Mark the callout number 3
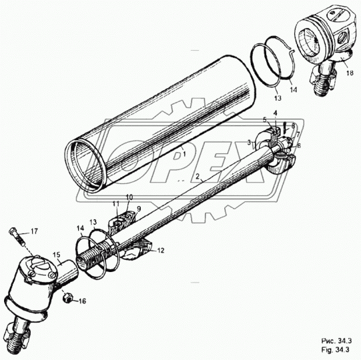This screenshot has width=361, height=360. coord(249,142)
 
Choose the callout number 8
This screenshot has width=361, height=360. coord(292,126)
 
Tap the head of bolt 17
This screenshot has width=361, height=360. coord(14,232)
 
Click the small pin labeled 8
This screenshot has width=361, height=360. coord(285,127)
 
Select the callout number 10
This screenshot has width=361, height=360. coord(129,197)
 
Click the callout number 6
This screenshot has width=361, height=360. coord(298,145)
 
